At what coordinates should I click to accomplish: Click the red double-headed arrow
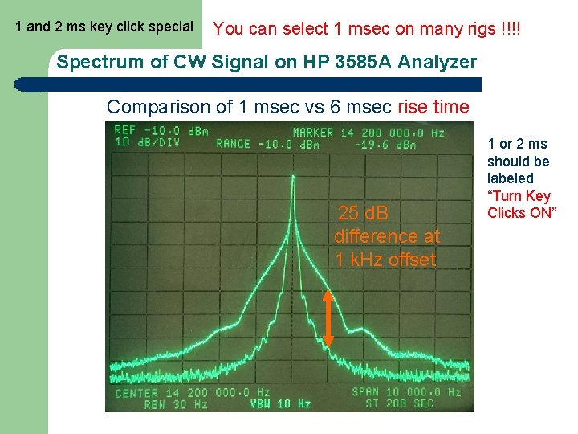328,319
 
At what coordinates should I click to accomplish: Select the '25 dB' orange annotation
363,214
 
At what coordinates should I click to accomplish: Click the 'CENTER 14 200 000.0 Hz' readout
193,392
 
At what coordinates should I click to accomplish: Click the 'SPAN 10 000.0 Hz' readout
407,392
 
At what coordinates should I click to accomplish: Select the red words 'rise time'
433,107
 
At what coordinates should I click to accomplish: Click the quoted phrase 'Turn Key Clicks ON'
519,204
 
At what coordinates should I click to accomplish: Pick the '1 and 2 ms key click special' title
104,27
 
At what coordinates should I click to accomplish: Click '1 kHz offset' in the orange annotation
386,260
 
